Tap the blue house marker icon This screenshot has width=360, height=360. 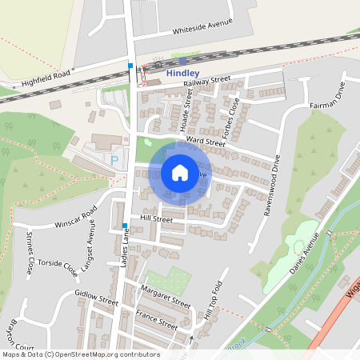[x=180, y=173]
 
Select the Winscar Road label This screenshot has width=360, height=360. [x=76, y=217]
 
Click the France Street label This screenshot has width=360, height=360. [x=156, y=319]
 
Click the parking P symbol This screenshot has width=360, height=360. [x=114, y=160]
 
